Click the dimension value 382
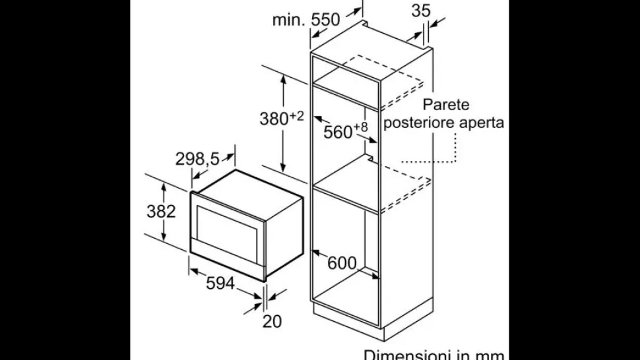coord(161,211)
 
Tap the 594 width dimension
coord(220,283)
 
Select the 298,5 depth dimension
coord(197,159)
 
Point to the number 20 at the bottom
coord(272,321)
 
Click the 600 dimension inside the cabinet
coord(342,263)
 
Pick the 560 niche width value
coord(338,132)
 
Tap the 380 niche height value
coord(274,119)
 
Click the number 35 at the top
coord(421,11)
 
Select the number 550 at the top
coord(325,19)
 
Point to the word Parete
coord(446,105)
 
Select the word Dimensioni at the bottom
coord(404,355)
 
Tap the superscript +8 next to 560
coord(360,127)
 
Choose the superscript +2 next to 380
coord(297,116)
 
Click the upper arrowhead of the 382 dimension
coord(163,187)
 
